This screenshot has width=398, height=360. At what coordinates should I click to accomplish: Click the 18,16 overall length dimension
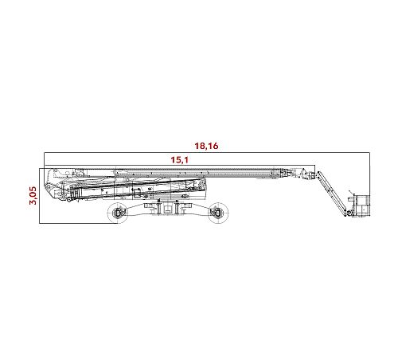(206, 146)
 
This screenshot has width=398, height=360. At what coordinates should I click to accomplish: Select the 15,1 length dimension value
(179, 160)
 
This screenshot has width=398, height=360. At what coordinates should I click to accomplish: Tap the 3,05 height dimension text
(33, 195)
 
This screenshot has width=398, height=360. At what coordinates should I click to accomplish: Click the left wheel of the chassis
(117, 213)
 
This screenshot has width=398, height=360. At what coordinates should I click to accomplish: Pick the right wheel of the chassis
(218, 213)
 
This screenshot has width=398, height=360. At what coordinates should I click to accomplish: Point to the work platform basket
(361, 205)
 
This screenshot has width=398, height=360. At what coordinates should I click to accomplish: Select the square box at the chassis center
(167, 208)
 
